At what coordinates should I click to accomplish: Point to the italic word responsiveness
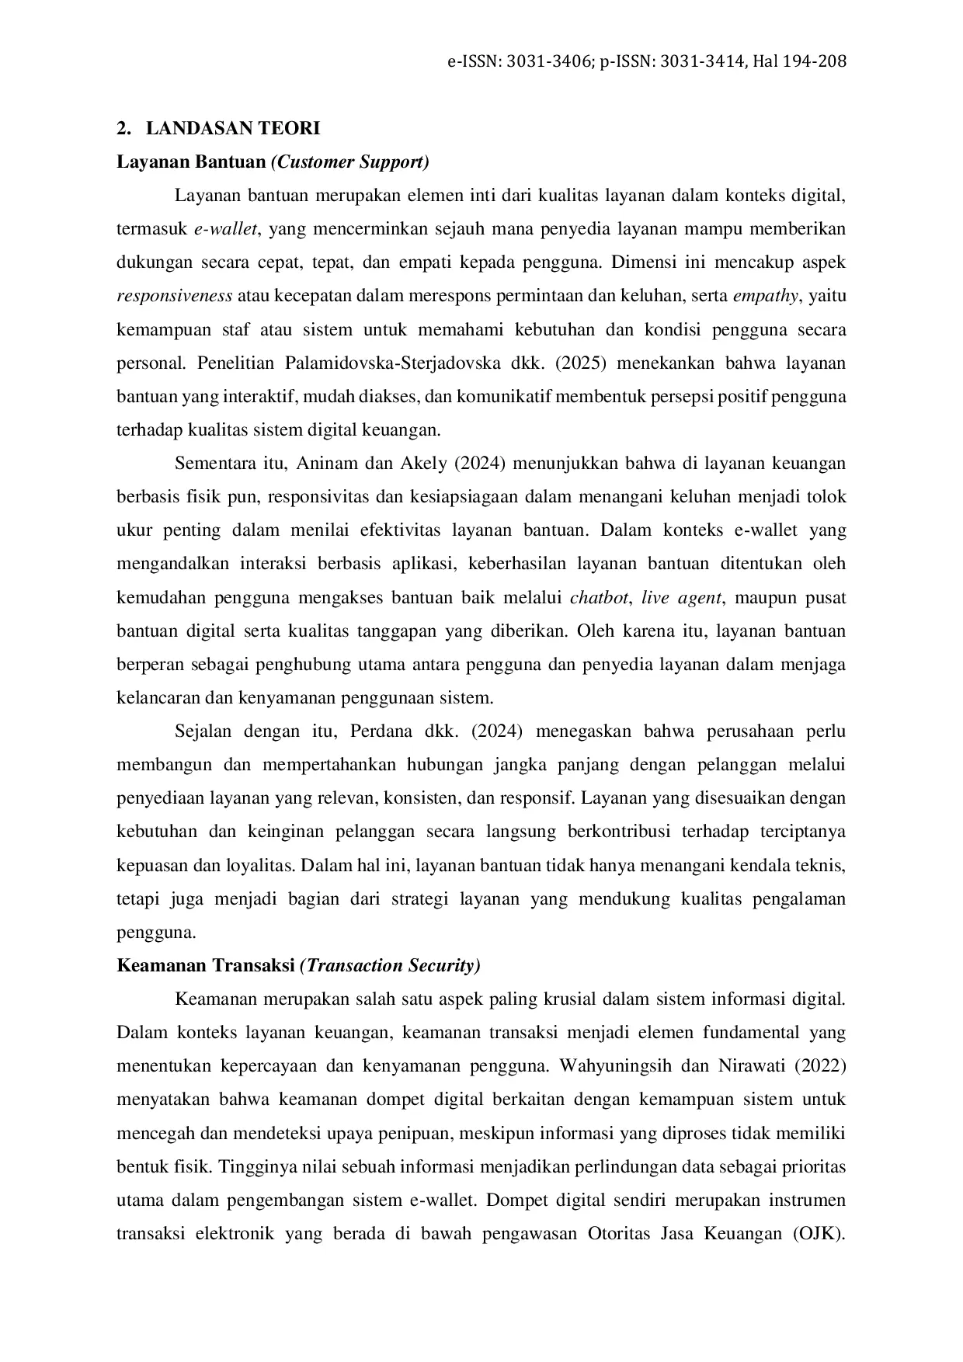(x=174, y=296)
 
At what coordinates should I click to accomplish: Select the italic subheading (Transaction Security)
(x=390, y=966)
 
